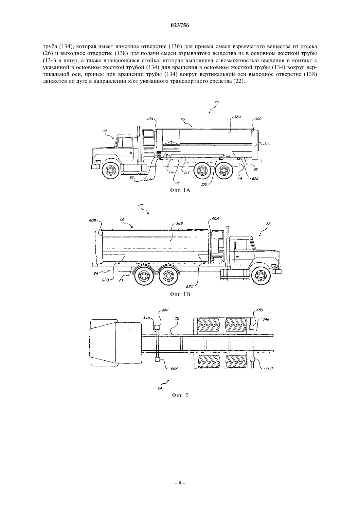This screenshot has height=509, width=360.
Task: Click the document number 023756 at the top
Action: [x=180, y=26]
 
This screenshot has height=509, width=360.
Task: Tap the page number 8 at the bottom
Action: [x=180, y=490]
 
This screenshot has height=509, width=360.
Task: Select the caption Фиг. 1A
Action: [x=180, y=190]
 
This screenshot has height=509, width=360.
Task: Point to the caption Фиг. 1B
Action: [x=180, y=294]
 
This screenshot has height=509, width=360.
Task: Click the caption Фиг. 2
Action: [x=180, y=395]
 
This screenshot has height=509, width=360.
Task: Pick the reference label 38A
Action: [x=237, y=117]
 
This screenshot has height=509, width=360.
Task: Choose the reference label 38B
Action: [x=179, y=223]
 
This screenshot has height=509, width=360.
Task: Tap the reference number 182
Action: [x=132, y=177]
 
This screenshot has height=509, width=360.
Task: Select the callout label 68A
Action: [x=174, y=368]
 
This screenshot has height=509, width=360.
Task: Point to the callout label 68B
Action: [x=269, y=368]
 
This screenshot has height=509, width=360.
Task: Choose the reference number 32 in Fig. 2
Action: [x=177, y=319]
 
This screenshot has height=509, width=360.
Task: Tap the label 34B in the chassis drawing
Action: [x=266, y=319]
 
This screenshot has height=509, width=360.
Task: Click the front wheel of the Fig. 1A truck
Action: [x=111, y=170]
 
